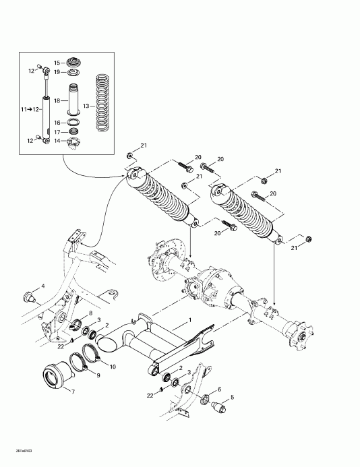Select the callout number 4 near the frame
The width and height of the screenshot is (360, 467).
click(44, 286)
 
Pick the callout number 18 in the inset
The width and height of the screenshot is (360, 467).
click(57, 100)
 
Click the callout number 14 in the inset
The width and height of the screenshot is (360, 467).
click(57, 140)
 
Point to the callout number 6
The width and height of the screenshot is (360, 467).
click(219, 390)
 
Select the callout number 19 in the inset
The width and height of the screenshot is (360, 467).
click(57, 71)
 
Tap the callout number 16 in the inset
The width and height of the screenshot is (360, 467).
click(57, 122)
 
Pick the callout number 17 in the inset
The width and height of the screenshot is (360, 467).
click(57, 131)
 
